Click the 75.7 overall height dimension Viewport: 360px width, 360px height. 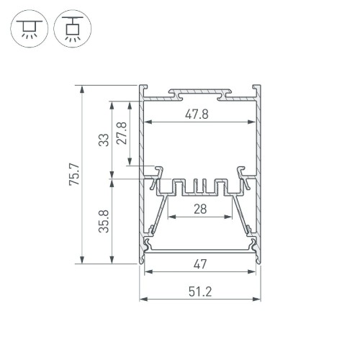[74, 174]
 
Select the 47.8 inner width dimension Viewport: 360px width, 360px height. [197, 114]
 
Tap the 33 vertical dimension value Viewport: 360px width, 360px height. [104, 140]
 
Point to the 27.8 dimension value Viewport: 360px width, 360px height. [122, 133]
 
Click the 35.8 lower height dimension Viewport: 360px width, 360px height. [104, 221]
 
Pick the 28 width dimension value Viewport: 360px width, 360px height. [200, 209]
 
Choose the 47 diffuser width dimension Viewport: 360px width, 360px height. [200, 264]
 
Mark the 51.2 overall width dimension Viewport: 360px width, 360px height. [200, 292]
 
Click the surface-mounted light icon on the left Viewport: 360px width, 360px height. [30, 29]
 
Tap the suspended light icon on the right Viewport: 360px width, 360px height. [73, 29]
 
